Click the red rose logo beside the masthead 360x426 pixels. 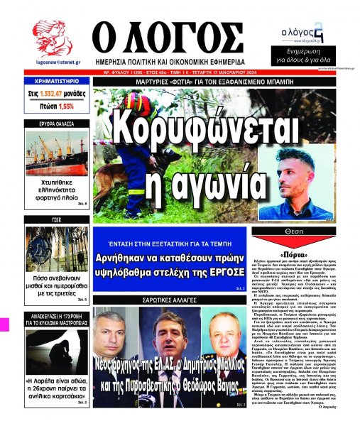point(50,40)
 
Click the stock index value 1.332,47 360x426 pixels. point(59,95)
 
